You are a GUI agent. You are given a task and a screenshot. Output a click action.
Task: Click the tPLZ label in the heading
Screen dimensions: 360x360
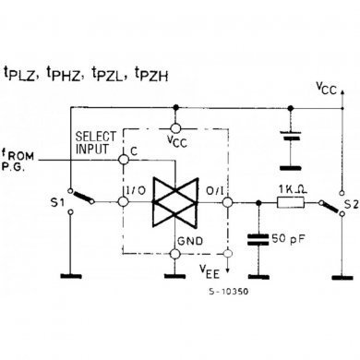[23, 73]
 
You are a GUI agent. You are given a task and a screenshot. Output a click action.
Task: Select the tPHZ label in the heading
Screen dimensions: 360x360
[66, 73]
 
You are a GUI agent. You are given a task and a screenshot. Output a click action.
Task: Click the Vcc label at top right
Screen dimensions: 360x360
[325, 90]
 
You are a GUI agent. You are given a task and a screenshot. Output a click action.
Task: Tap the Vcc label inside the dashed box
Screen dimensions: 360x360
[175, 140]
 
